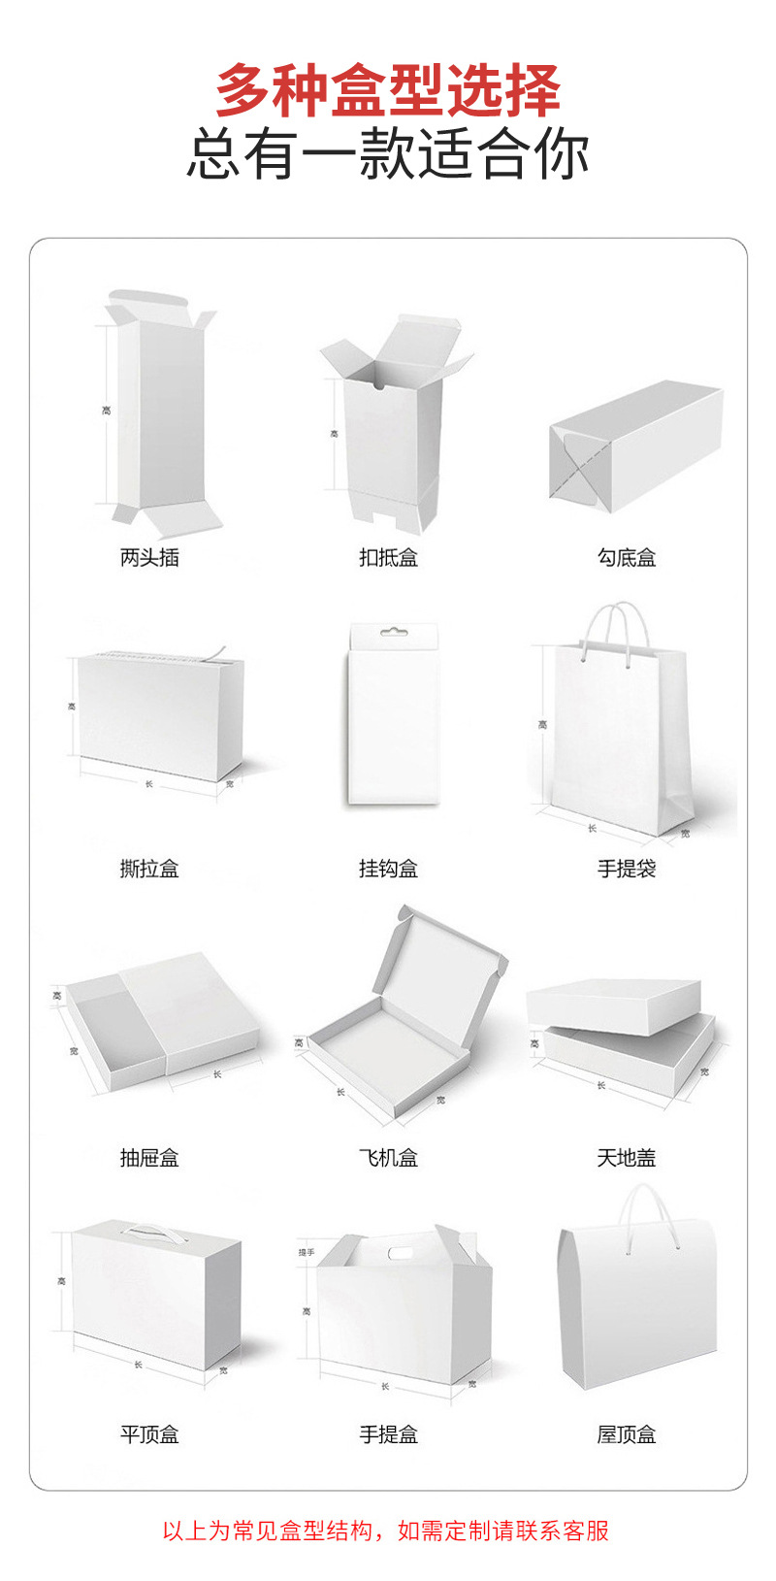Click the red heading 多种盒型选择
(388, 90)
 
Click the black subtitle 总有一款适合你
(388, 154)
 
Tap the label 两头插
(149, 557)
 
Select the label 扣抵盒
(388, 557)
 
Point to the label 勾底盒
(627, 557)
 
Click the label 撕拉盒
(149, 869)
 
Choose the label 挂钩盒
(388, 869)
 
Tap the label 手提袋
(627, 869)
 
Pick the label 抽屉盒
(149, 1157)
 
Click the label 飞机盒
(388, 1157)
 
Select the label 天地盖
(627, 1157)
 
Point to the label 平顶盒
(149, 1434)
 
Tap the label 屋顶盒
(627, 1434)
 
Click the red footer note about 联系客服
(386, 1531)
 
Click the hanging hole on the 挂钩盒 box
(393, 633)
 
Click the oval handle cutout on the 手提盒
(401, 1252)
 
